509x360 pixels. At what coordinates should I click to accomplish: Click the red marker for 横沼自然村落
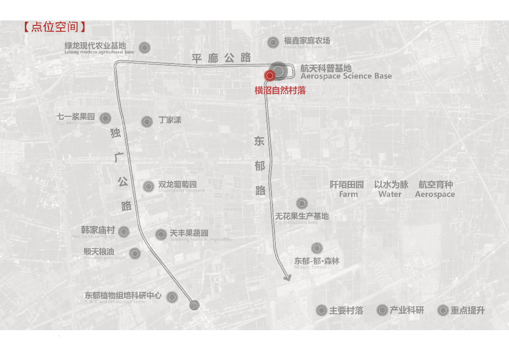click(x=269, y=76)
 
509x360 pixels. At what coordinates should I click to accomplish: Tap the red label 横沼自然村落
click(x=280, y=90)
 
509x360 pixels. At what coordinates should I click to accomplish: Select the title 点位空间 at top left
click(x=55, y=27)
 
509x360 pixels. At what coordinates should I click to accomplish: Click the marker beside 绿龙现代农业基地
click(x=145, y=48)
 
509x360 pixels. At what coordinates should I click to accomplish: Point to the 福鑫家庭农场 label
click(x=307, y=41)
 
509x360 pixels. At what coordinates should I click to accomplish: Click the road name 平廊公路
click(x=221, y=58)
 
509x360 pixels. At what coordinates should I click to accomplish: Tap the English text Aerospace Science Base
click(x=346, y=77)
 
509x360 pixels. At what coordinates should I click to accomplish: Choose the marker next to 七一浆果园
click(x=105, y=118)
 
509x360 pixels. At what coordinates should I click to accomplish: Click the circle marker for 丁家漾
click(x=147, y=121)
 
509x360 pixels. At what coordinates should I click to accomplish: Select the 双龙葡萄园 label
click(x=177, y=184)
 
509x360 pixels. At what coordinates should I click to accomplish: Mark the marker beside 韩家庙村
click(x=124, y=232)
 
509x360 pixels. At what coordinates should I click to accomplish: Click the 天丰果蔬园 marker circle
click(x=161, y=235)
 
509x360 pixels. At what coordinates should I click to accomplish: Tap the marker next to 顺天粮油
click(x=135, y=254)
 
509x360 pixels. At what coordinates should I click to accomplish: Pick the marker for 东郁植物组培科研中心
click(x=172, y=297)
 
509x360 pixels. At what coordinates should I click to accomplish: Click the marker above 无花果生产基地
click(x=302, y=203)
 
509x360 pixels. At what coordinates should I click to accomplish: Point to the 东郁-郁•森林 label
click(x=317, y=261)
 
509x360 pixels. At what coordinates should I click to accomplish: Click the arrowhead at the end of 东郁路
click(x=287, y=278)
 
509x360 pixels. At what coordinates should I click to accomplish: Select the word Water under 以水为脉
click(x=390, y=194)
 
